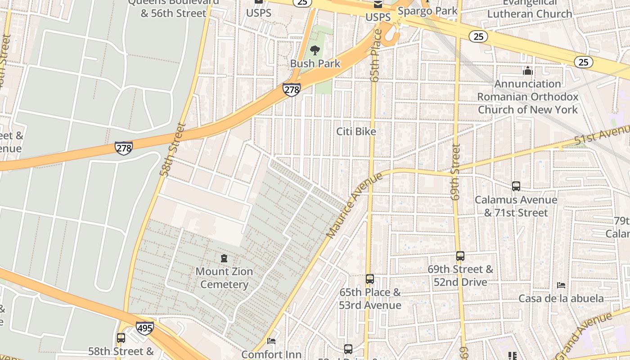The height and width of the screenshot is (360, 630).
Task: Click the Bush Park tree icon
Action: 315,50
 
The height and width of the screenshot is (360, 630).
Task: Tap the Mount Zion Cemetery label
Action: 224,278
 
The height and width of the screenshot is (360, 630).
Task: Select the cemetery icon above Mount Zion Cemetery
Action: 224,258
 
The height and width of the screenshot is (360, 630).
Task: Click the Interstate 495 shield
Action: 144,328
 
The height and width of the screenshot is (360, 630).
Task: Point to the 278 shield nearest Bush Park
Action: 292,89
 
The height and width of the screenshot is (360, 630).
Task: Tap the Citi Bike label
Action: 356,131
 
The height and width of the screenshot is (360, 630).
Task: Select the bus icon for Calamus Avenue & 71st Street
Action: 516,186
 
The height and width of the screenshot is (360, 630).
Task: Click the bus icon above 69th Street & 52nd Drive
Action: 460,256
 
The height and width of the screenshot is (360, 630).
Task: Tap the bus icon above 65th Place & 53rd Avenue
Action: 369,279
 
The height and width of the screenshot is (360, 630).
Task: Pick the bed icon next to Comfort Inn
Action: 271,341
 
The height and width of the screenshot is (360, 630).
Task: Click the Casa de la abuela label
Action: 561,298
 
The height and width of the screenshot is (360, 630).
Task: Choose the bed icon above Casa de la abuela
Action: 561,285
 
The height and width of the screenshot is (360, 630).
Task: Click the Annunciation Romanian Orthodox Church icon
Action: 527,71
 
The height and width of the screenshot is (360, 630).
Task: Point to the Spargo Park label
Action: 427,11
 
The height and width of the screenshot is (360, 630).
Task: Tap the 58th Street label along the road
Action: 172,149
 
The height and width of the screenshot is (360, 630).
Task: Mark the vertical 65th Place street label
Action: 376,55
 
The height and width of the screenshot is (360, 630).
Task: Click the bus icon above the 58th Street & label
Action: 121,337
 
